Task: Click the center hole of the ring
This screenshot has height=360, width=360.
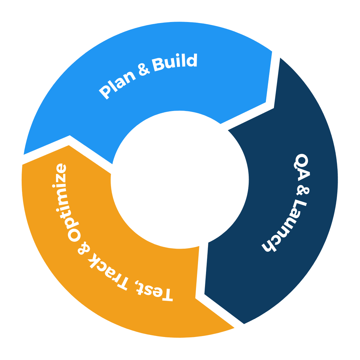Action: (x=180, y=180)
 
